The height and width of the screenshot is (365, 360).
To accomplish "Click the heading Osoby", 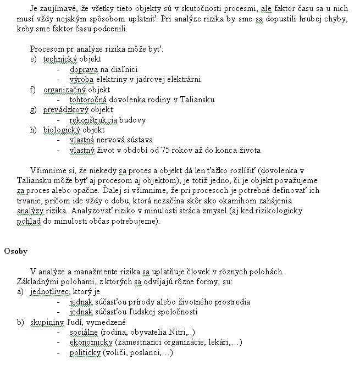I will click(x=16, y=251).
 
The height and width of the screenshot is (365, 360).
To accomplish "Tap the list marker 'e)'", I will click(x=34, y=59).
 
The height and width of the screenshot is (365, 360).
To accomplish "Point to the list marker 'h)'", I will click(x=34, y=130).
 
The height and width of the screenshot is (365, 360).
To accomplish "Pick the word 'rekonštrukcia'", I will click(x=93, y=120).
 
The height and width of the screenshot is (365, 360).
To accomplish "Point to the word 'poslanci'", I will click(x=146, y=352).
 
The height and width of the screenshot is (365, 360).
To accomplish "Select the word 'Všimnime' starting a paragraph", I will click(x=49, y=170).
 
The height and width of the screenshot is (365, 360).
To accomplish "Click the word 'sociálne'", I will click(x=84, y=332).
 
